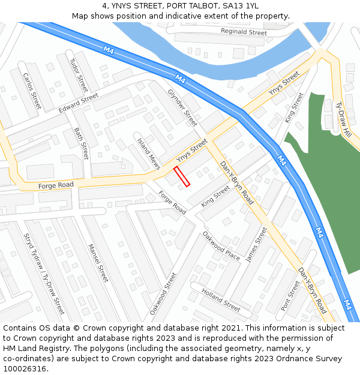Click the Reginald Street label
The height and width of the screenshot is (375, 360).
[244, 32]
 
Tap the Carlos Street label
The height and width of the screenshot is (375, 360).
[31, 90]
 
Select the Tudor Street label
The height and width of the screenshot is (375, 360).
[79, 75]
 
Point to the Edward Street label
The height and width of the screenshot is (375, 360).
[78, 103]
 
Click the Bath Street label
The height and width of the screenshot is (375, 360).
[81, 143]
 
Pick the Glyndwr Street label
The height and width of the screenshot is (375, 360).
[182, 108]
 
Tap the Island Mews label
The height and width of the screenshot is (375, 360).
[149, 154]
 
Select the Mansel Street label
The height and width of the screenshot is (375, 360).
[98, 263]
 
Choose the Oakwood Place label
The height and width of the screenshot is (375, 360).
[221, 245]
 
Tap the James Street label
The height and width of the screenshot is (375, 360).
[256, 244]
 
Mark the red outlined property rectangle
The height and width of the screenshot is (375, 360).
[182, 176]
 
